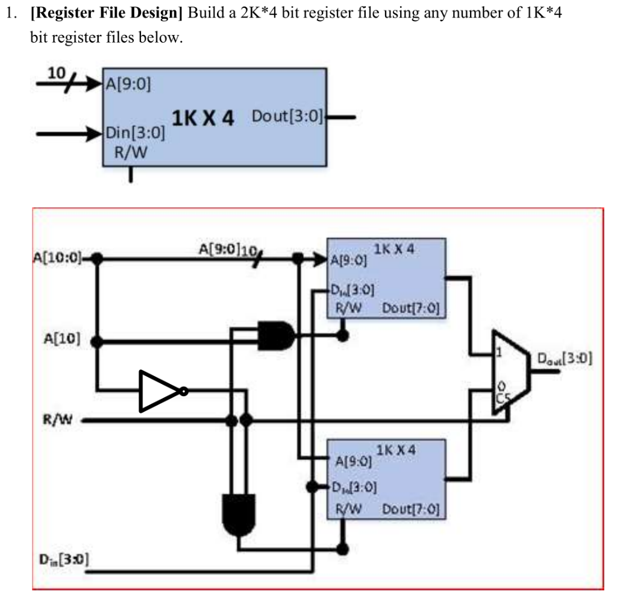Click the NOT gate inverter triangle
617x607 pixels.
158,391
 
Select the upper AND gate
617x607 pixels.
275,336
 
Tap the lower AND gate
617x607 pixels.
239,513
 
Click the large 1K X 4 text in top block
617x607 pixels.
203,118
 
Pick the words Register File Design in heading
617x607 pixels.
106,13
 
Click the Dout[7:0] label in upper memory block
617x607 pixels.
410,308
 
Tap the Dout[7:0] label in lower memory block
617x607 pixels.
410,510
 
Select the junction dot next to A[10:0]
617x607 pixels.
96,260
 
